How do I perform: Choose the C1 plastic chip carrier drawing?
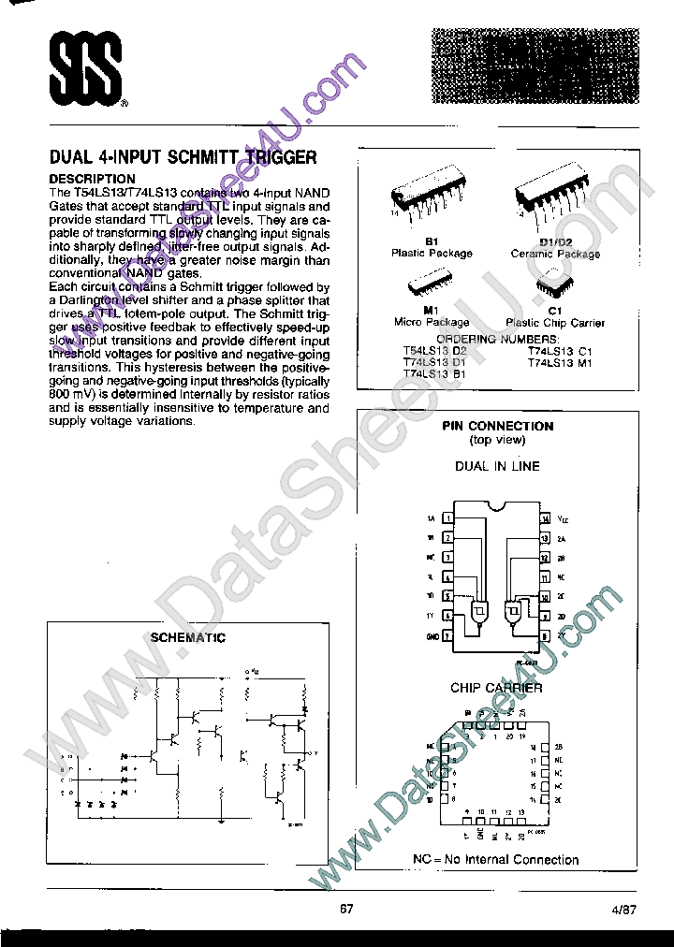pos(554,285)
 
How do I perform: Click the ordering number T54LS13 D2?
pos(434,350)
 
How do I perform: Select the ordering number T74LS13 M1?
pos(560,361)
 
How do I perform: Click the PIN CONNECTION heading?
pos(497,426)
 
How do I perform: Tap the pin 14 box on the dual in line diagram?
pos(545,517)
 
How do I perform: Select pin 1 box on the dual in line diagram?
pos(448,517)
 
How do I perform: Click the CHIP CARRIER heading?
pos(496,688)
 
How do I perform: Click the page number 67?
pos(346,909)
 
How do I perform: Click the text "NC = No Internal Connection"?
pos(496,859)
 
